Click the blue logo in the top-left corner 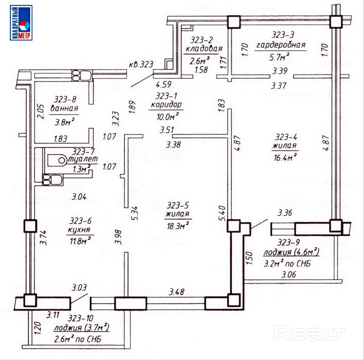(21, 23)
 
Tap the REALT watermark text (310, 334)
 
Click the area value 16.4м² (285, 156)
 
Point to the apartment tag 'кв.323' (140, 65)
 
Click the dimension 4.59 (164, 84)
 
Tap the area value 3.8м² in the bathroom (64, 120)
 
